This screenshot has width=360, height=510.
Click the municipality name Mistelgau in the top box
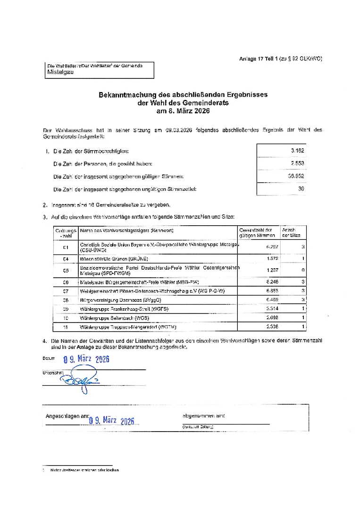60,72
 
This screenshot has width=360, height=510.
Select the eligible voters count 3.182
297,150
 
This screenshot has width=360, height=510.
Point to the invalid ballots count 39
301,189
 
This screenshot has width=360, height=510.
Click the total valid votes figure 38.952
296,176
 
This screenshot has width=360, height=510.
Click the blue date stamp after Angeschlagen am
112,421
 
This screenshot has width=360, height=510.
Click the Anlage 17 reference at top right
280,59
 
